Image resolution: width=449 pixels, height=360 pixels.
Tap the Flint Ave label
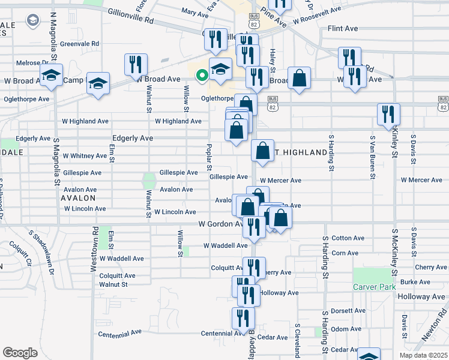click(x=343, y=28)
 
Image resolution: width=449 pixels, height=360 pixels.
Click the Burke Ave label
click(x=415, y=281)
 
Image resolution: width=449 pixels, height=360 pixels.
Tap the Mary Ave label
click(x=194, y=11)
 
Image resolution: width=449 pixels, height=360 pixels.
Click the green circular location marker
click(x=202, y=76)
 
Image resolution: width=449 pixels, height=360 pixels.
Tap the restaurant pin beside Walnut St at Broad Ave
click(x=136, y=64)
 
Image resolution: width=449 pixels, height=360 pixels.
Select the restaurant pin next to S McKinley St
click(x=388, y=113)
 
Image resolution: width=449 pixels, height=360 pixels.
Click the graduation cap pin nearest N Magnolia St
click(x=52, y=76)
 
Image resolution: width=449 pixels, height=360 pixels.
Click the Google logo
click(x=20, y=353)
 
